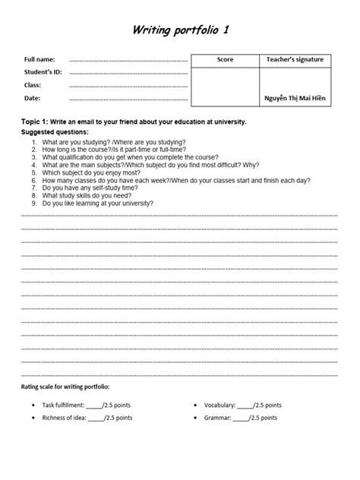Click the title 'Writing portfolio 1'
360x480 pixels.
coord(179,30)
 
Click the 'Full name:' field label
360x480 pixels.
coord(39,59)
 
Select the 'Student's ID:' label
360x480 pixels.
coord(43,72)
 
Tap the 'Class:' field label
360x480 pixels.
coord(33,85)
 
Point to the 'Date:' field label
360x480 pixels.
coord(32,98)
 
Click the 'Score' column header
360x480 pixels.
coord(225,59)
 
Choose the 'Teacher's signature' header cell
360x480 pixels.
coord(295,59)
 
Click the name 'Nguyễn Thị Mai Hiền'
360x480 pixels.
coord(295,99)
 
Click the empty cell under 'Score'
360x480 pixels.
coord(225,86)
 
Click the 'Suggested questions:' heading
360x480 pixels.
coord(55,131)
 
